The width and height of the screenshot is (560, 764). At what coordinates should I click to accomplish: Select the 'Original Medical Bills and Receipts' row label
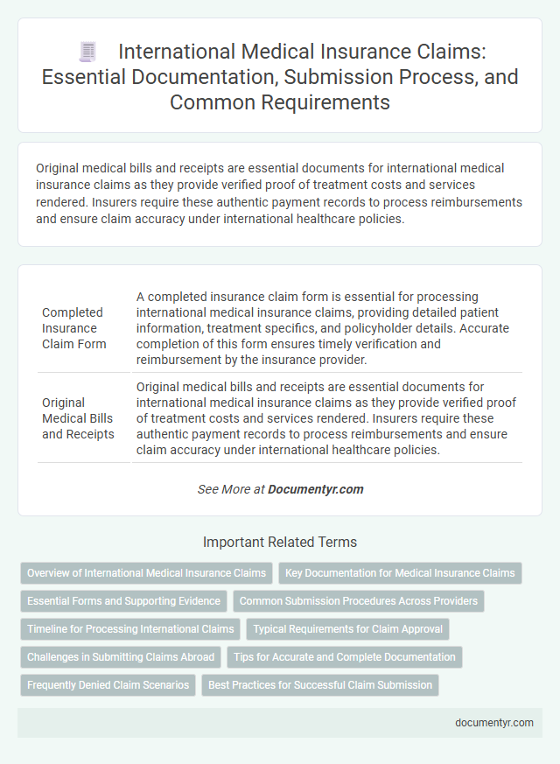(78, 418)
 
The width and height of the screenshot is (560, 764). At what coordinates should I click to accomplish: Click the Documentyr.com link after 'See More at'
(316, 489)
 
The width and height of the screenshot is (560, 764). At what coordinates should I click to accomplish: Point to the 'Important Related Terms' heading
(279, 542)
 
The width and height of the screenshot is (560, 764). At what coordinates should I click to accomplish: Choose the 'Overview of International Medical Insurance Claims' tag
(146, 573)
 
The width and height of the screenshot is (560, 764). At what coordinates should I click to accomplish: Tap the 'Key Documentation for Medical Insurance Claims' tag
(401, 573)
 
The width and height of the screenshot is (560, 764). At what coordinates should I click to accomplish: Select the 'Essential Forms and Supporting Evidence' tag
(123, 601)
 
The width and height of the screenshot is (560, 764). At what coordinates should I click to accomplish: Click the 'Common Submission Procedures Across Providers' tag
(358, 601)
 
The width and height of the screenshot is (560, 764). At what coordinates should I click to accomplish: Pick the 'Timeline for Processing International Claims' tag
(130, 628)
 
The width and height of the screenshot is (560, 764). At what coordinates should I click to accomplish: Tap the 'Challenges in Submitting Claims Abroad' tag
(121, 656)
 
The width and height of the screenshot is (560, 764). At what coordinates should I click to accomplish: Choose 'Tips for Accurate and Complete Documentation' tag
(345, 656)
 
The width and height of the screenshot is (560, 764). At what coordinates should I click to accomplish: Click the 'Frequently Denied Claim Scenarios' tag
(108, 684)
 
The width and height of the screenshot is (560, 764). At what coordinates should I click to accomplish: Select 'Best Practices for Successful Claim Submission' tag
(320, 684)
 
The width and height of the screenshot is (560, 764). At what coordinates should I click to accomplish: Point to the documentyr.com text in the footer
(493, 723)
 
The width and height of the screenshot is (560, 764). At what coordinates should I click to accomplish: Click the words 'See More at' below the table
(230, 489)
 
